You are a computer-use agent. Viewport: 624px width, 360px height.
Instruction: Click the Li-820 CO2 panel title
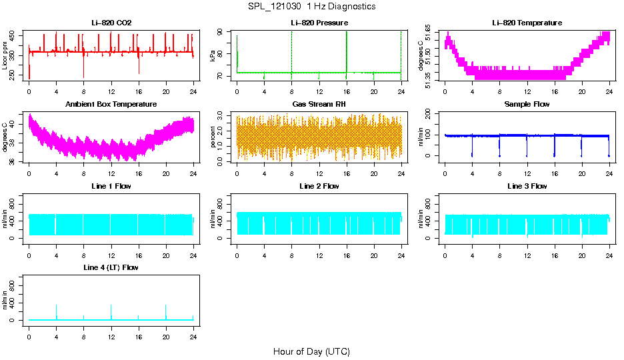111,23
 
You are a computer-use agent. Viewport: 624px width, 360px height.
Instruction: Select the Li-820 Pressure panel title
319,23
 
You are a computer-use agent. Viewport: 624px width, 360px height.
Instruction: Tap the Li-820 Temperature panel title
527,23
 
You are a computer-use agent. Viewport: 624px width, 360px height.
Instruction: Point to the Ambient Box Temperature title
111,105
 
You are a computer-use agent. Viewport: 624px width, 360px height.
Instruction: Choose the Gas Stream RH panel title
319,105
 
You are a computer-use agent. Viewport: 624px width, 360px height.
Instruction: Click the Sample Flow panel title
527,105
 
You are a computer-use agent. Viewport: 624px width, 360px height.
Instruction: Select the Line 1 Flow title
111,186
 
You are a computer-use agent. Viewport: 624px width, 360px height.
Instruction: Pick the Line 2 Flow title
319,186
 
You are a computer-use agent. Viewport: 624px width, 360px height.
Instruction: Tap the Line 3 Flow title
527,186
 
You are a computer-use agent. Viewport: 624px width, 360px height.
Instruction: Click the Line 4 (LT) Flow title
111,267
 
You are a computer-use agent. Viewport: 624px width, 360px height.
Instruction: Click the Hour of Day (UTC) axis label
311,351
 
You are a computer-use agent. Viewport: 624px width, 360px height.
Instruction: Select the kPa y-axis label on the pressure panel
213,55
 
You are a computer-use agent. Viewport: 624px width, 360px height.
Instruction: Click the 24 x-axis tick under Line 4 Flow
193,331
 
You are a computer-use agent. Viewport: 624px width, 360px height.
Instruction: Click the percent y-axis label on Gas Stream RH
213,137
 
